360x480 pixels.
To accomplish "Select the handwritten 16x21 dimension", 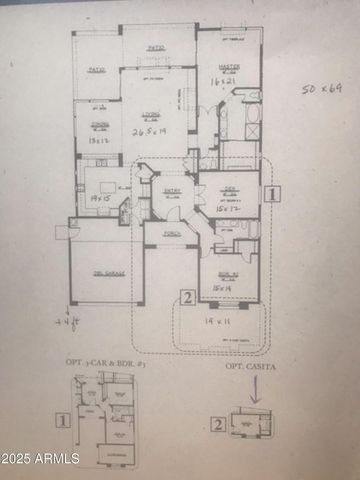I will (x=221, y=78).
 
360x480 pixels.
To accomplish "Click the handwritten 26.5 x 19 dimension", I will (x=150, y=131).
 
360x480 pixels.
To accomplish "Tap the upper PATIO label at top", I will (x=156, y=47).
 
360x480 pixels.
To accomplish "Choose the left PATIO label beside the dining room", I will (x=96, y=70).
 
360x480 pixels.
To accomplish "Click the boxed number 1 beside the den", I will (x=275, y=195).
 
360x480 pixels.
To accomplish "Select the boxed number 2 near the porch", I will (x=186, y=296).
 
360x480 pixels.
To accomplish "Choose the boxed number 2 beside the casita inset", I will (x=217, y=423).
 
